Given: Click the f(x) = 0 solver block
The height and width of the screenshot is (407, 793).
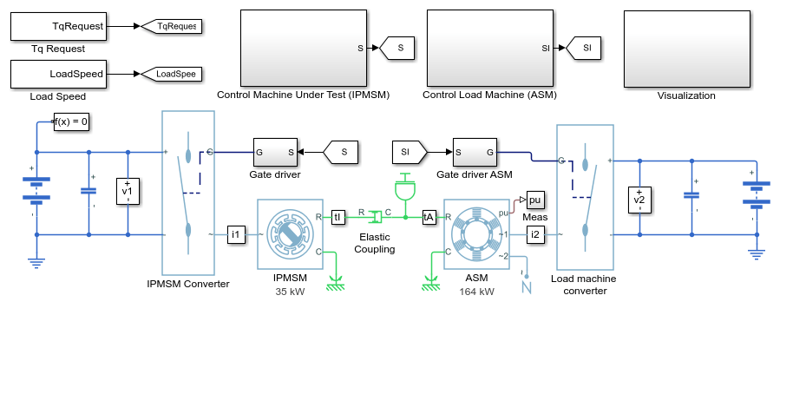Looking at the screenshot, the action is pos(71,121).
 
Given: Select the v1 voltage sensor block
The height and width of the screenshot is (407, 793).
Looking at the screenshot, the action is pos(128,191).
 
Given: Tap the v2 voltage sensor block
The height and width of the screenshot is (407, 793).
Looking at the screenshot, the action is pos(639,200).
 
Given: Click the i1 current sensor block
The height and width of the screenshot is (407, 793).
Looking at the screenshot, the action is pos(236,234).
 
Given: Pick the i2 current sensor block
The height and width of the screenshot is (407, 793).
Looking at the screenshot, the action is pos(535,234).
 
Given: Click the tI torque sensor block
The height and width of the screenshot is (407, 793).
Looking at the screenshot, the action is pos(338,218).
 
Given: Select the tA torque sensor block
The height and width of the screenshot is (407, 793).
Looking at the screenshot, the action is pos(429,218).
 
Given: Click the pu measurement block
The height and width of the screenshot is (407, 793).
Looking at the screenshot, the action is pos(535,200).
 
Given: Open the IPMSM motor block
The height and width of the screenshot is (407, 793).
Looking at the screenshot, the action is pos(290,234).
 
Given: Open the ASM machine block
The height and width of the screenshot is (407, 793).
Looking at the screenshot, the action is pos(476,234).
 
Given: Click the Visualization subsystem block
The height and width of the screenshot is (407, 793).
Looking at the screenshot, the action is pos(687,49).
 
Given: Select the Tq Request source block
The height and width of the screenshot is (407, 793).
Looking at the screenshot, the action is pos(59,26).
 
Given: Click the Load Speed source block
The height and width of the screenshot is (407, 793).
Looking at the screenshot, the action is pos(59,75).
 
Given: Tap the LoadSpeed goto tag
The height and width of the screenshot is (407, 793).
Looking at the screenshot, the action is pos(172,75).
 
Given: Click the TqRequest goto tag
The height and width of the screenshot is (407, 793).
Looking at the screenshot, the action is pos(172,26).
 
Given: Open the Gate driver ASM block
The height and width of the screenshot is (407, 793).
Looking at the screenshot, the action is pos(475,152).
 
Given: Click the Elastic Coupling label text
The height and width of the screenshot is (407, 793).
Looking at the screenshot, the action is pos(375,243).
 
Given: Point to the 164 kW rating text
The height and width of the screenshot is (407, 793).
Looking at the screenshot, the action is pos(477,292).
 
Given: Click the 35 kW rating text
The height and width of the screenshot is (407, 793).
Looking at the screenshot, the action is pos(291,292).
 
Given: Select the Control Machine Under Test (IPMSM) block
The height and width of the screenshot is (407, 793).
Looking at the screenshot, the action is pos(304,48).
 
